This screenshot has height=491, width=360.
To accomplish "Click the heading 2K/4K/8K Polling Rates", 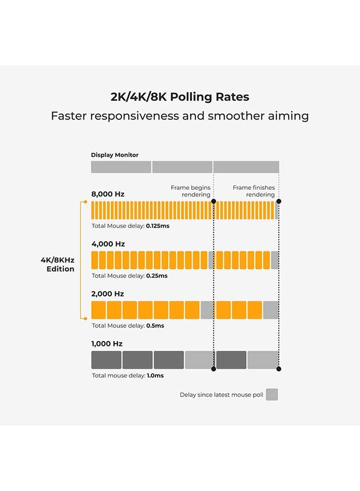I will click(179, 97).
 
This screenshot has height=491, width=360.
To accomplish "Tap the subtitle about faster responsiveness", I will click(179, 116).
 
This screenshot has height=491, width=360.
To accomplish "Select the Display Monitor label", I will click(115, 155).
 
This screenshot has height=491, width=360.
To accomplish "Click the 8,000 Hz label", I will click(107, 194).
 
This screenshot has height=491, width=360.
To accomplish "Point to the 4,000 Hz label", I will click(107, 244).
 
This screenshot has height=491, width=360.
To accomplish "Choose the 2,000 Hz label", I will click(107, 294).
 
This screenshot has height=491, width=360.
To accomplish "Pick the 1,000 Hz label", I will click(107, 344).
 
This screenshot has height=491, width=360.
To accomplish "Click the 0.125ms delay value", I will click(158, 225).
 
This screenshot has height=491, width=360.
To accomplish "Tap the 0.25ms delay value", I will click(157, 276).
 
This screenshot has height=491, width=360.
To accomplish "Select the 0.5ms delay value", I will click(155, 326).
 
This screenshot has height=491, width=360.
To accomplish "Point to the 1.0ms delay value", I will click(155, 375).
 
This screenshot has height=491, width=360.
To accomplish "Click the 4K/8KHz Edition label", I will click(57, 265).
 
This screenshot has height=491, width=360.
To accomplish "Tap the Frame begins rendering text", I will click(190, 191).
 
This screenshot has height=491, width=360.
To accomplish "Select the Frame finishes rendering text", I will click(254, 191).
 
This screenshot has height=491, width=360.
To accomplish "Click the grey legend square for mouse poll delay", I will click(272, 394).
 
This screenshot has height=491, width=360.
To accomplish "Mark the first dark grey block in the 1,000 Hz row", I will click(106, 360).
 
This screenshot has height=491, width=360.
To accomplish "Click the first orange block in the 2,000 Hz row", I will click(98, 310).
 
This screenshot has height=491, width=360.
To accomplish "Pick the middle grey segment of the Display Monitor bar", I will click(182, 167).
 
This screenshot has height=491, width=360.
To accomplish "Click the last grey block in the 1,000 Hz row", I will click(263, 360).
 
